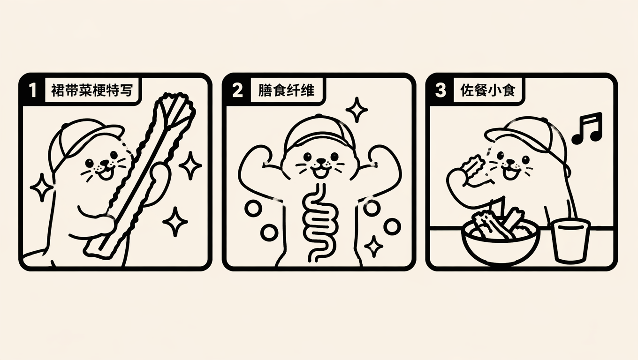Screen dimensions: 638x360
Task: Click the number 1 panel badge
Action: click(x=33, y=90)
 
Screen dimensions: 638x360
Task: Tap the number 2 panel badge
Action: click(x=238, y=90)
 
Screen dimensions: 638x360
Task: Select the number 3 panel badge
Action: click(x=441, y=90)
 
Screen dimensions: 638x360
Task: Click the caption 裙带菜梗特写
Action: click(x=92, y=90)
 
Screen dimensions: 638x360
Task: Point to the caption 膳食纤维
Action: click(x=286, y=90)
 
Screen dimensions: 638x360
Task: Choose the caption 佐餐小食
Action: click(x=488, y=90)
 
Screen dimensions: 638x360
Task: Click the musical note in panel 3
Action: click(x=588, y=128)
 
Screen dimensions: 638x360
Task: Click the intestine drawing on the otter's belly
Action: click(x=319, y=222)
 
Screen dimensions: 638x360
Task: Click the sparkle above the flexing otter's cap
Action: click(x=357, y=110)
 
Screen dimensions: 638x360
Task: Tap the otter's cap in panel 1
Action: click(x=85, y=139)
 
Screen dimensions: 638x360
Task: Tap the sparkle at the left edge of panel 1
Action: click(x=42, y=187)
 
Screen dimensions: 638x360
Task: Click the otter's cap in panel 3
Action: click(x=527, y=136)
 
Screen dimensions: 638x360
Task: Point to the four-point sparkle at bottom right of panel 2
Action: click(x=374, y=247)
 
